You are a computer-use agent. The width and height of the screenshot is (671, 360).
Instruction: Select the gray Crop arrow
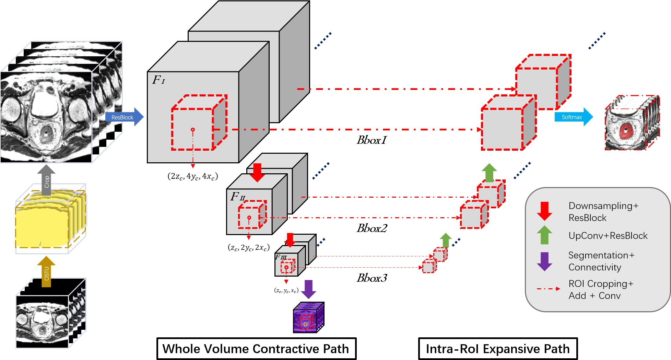click(46, 180)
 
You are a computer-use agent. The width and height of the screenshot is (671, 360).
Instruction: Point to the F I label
click(158, 80)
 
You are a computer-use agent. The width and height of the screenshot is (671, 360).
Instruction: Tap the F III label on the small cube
click(281, 257)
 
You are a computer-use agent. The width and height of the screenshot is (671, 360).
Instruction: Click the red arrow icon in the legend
click(544, 211)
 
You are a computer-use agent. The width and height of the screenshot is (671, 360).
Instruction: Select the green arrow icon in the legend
click(544, 235)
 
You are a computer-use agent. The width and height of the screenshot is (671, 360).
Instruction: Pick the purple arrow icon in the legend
click(544, 262)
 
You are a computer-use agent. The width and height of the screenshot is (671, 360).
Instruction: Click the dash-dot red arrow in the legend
click(548, 289)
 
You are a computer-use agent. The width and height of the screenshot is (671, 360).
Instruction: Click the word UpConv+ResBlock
click(608, 236)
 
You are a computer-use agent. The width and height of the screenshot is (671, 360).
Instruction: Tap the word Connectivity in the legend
click(595, 267)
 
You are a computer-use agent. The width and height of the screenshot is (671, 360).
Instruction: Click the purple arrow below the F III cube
click(308, 289)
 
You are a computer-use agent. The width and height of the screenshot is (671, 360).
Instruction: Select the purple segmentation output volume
click(308, 318)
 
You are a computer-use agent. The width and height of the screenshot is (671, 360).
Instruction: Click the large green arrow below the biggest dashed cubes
click(489, 173)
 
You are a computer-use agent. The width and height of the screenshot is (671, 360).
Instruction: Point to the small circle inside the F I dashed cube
click(193, 130)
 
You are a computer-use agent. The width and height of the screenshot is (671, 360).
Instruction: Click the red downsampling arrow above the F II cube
click(257, 172)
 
